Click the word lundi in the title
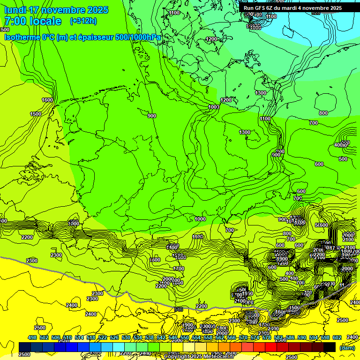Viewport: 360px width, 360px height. pyautogui.click(x=15, y=10)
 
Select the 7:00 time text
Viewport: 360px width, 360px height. pyautogui.click(x=15, y=21)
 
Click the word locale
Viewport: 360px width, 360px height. pyautogui.click(x=45, y=21)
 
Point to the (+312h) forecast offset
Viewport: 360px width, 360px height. pyautogui.click(x=83, y=21)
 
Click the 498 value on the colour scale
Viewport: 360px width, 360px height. pyautogui.click(x=32, y=338)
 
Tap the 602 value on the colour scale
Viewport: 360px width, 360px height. pyautogui.click(x=337, y=338)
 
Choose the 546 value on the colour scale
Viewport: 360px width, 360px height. pyautogui.click(x=173, y=338)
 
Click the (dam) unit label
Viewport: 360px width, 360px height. pyautogui.click(x=347, y=348)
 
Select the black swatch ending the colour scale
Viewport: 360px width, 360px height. pyautogui.click(x=330, y=347)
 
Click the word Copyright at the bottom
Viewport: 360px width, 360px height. pyautogui.click(x=178, y=357)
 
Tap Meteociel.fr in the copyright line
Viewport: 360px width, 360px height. pyautogui.click(x=219, y=357)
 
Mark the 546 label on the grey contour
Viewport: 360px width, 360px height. pyautogui.click(x=178, y=309)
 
